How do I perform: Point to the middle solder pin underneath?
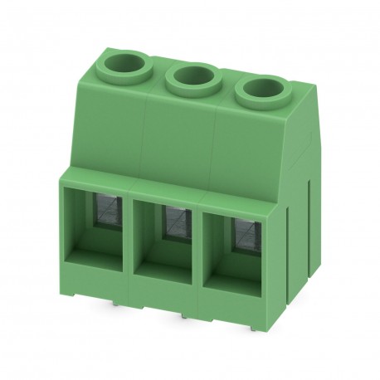181,317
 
